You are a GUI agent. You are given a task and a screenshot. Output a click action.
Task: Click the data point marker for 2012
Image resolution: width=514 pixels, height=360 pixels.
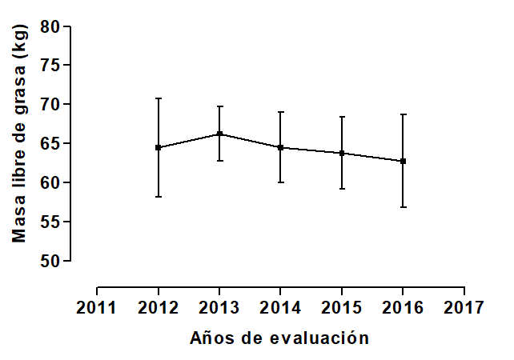(159, 147)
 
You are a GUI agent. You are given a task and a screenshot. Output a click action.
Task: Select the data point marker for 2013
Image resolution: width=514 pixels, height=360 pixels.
(219, 134)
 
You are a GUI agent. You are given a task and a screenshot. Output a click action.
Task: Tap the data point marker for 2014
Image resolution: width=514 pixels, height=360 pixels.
(280, 147)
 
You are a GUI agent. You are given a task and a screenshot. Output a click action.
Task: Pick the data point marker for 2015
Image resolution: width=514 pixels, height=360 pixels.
(342, 153)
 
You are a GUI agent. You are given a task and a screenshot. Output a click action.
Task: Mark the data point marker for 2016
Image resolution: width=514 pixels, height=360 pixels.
(403, 161)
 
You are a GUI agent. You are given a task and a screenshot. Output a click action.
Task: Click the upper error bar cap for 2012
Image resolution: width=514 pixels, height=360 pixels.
(159, 98)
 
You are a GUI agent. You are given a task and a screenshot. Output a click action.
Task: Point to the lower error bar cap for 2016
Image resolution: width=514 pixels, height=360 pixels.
(403, 207)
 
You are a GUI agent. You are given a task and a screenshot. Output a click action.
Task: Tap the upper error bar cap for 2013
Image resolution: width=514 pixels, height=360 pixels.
(219, 106)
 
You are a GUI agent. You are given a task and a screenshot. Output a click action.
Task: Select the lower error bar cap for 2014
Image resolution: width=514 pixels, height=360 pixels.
(280, 182)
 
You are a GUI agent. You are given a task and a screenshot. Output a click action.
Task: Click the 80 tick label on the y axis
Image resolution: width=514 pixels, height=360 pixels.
(50, 26)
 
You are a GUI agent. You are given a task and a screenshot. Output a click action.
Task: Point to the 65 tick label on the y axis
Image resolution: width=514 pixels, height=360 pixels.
(50, 144)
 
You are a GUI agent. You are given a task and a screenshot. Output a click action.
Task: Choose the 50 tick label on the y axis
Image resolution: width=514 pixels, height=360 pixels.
(50, 262)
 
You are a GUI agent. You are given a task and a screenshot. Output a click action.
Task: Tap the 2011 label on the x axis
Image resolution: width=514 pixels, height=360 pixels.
(97, 308)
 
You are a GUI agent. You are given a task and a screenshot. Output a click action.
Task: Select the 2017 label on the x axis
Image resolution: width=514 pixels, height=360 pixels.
(464, 308)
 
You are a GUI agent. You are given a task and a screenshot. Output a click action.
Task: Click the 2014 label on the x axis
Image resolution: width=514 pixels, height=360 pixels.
(280, 308)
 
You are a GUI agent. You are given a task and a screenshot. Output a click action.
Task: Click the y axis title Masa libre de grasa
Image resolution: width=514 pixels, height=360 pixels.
(20, 134)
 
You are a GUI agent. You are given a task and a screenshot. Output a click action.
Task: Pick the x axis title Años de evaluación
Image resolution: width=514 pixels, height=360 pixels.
(279, 338)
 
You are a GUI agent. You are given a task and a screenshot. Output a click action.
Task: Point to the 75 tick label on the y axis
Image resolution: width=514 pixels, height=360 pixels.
(50, 66)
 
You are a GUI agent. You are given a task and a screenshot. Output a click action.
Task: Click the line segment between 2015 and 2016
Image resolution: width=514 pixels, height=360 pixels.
(372, 157)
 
